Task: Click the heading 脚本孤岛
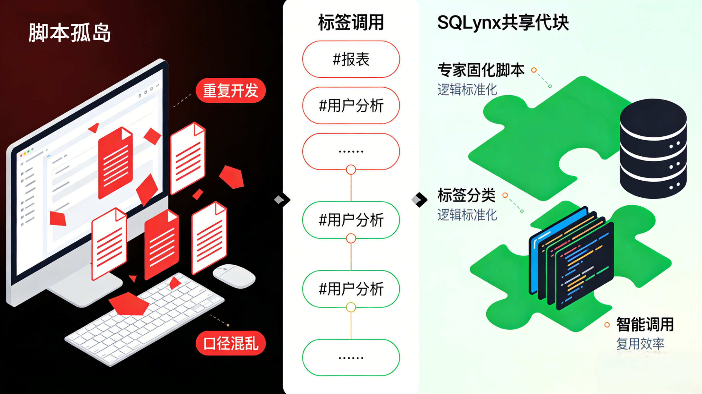[x=69, y=33]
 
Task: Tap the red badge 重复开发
[x=230, y=90]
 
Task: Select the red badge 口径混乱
[x=230, y=343]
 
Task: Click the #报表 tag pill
[x=351, y=59]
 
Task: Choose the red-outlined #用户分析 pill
[x=351, y=106]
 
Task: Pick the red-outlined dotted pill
[x=351, y=151]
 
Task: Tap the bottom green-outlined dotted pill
[x=351, y=357]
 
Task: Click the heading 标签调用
[x=351, y=22]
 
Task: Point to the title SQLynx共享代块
[x=503, y=22]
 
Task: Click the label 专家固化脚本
[x=481, y=70]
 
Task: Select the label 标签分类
[x=466, y=195]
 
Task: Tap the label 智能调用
[x=645, y=324]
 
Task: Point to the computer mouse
[x=234, y=276]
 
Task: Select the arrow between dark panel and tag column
[x=282, y=200]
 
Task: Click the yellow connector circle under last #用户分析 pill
[x=351, y=307]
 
